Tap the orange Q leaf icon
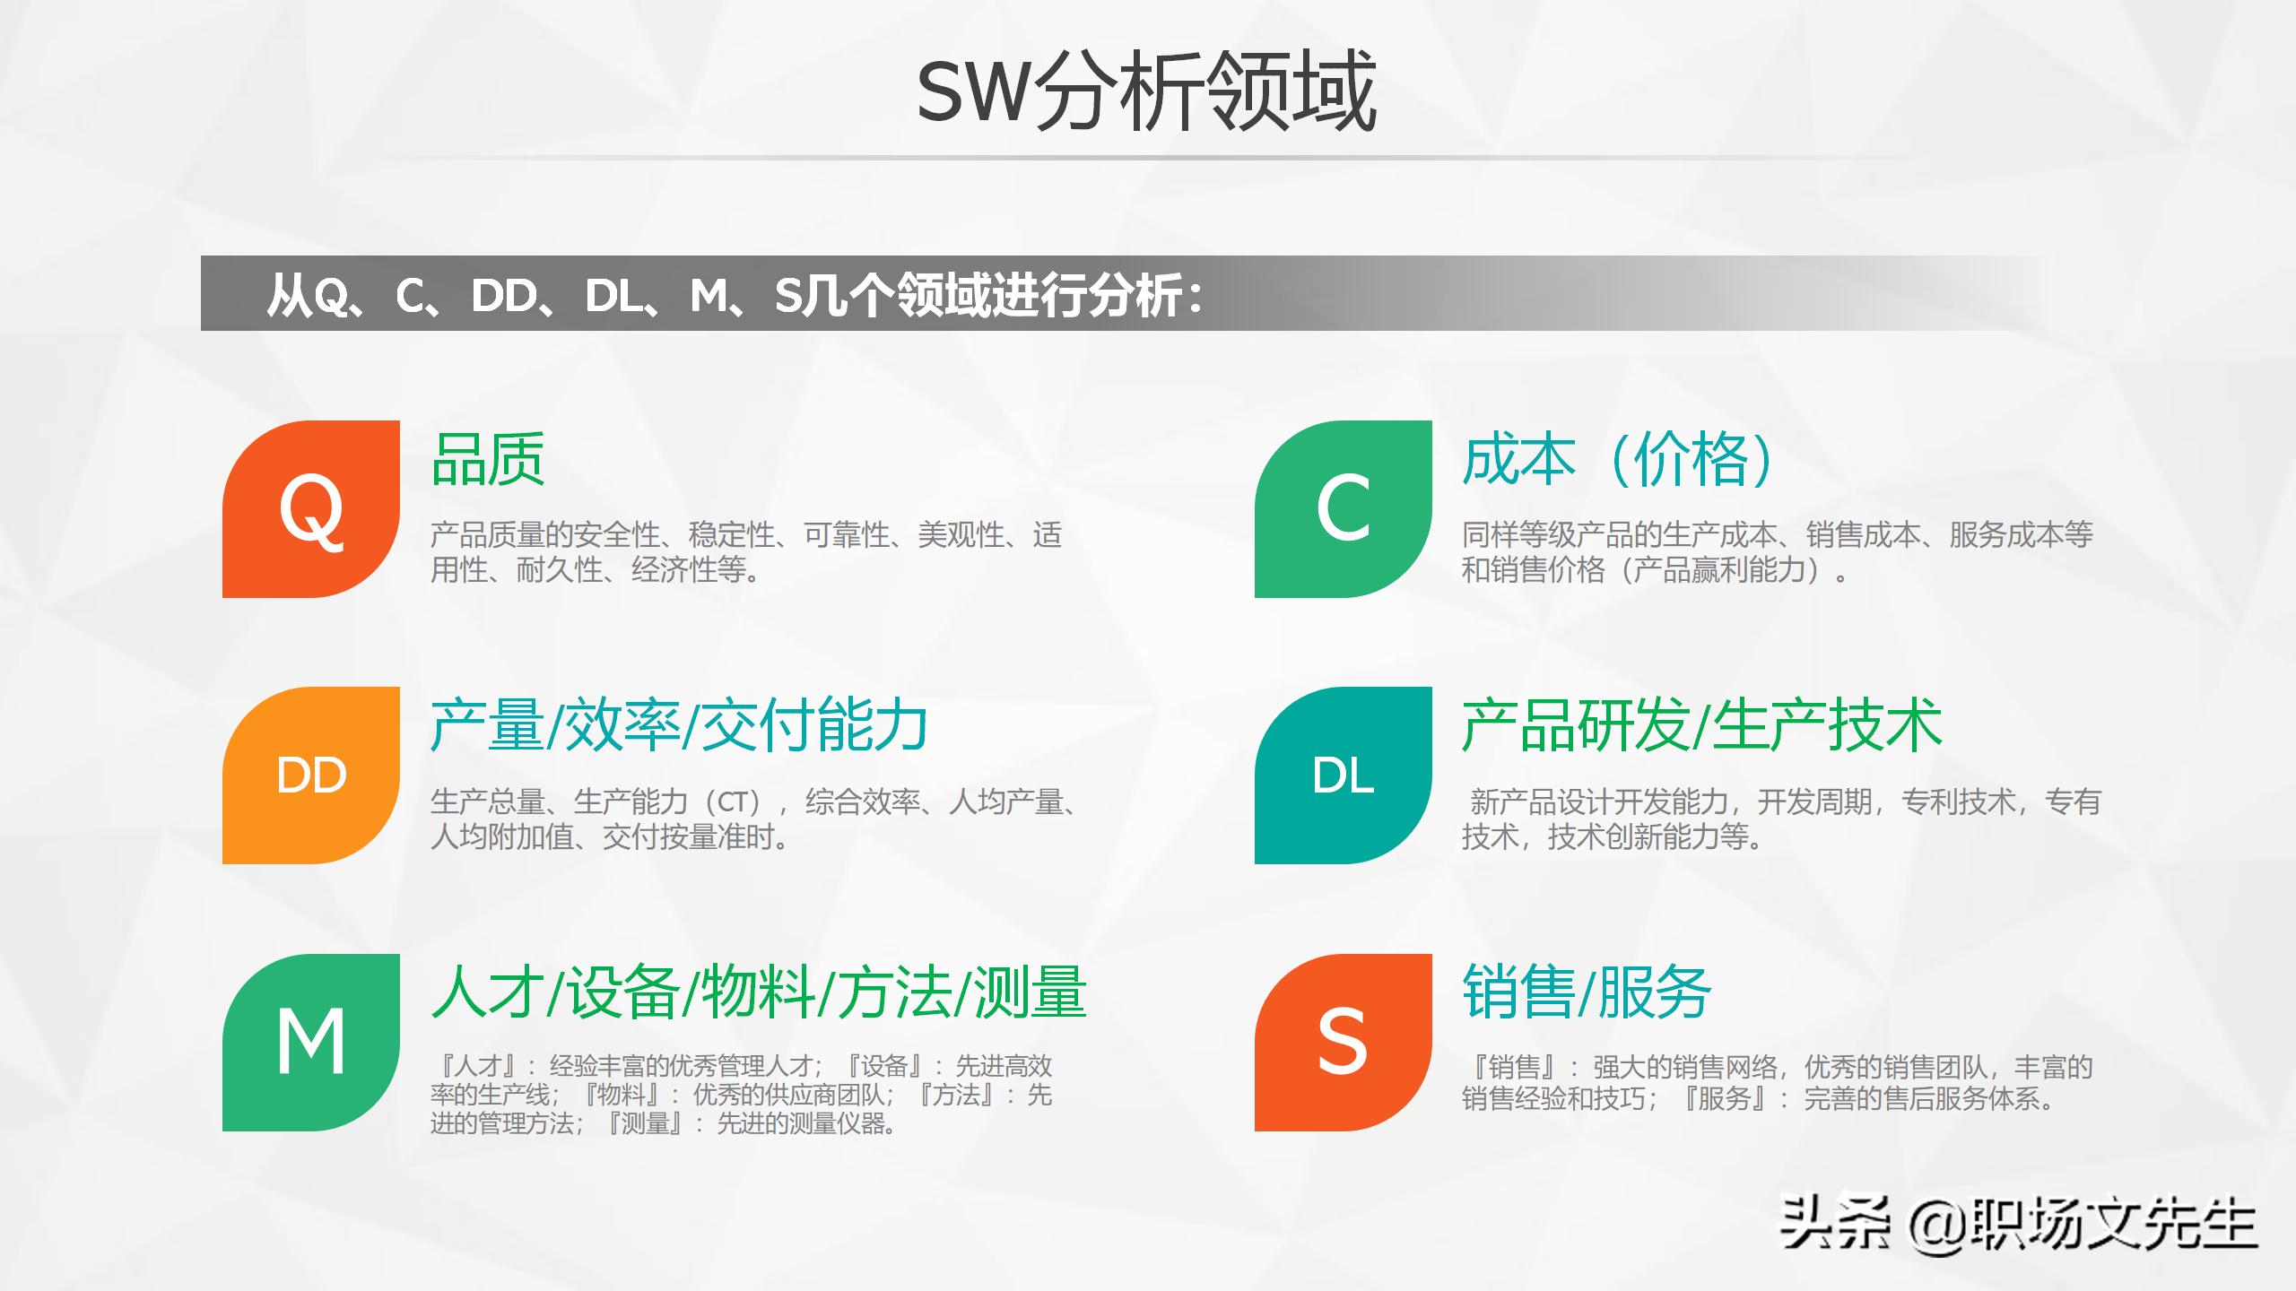(x=311, y=509)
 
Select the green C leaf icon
(x=1343, y=509)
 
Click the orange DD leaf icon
(x=311, y=775)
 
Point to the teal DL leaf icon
(x=1343, y=775)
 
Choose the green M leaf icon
(x=311, y=1042)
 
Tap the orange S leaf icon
(x=1343, y=1042)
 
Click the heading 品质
(x=488, y=460)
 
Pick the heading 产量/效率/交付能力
(x=679, y=725)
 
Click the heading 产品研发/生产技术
(x=1701, y=725)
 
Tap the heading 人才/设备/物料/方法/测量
(x=759, y=992)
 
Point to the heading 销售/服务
(x=1587, y=992)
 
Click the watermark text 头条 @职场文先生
(x=2018, y=1224)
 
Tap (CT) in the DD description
(x=733, y=801)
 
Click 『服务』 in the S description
(x=1725, y=1098)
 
